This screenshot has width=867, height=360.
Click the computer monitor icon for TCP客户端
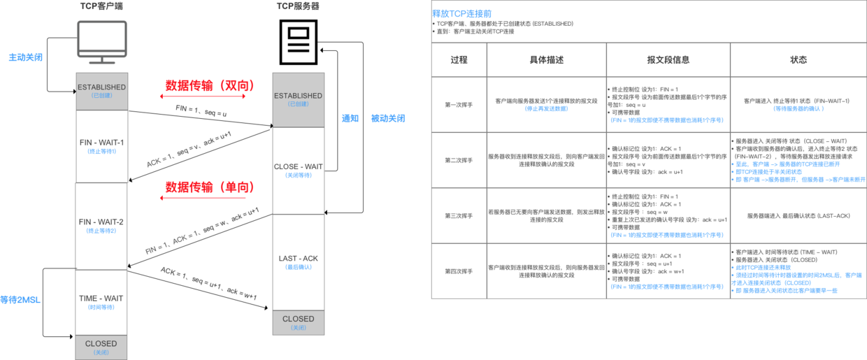click(102, 41)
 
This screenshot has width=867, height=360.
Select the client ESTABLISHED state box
click(102, 91)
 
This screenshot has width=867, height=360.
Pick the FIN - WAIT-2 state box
click(102, 226)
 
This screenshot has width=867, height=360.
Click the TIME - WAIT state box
click(102, 301)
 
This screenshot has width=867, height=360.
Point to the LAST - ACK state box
click(298, 261)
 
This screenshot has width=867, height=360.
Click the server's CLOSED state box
click(298, 322)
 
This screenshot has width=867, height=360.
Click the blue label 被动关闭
click(388, 118)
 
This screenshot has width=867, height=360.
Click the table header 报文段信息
click(668, 60)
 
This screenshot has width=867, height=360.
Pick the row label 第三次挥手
click(459, 215)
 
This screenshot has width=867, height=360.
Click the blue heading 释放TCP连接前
click(459, 13)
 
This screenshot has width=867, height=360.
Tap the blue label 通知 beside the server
click(350, 118)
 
